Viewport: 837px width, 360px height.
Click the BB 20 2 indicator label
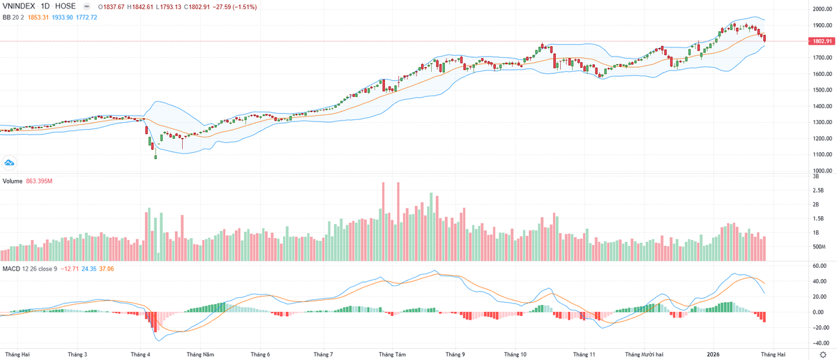tap(14, 17)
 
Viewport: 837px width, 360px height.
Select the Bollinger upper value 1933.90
tap(68, 17)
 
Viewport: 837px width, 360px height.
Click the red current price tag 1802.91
tap(821, 41)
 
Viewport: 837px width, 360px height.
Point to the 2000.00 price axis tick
tap(821, 9)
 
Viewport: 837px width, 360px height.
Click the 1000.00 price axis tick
tap(821, 170)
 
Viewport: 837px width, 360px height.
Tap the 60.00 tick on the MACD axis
tap(818, 266)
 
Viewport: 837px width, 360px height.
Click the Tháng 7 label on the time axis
tap(323, 354)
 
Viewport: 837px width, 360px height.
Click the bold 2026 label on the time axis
tap(714, 354)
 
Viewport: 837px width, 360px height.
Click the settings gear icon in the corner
tap(823, 354)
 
